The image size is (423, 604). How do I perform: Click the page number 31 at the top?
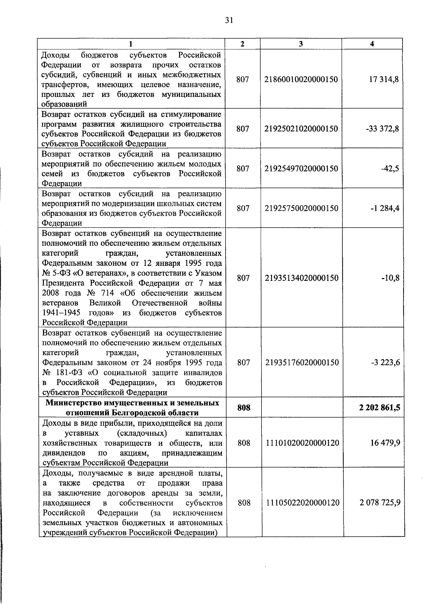tap(229, 20)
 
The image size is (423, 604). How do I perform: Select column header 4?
tap(372, 44)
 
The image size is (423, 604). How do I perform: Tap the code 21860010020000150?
tap(301, 80)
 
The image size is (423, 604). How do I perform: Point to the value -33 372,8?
tap(382, 129)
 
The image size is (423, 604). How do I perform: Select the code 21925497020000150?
tap(301, 169)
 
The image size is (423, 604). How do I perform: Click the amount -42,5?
tap(390, 169)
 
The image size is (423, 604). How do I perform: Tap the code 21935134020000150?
tap(301, 278)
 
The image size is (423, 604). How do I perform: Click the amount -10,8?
tap(390, 278)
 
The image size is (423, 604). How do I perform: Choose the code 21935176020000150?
tap(301, 363)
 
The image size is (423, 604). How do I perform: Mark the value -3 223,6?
tap(385, 363)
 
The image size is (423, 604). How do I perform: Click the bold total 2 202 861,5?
tap(380, 408)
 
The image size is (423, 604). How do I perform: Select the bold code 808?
tap(244, 408)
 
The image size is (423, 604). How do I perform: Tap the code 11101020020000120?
tap(301, 443)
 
